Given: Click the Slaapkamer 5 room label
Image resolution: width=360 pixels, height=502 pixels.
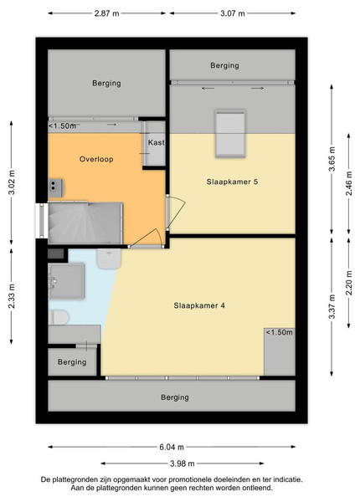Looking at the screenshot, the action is point(232,182).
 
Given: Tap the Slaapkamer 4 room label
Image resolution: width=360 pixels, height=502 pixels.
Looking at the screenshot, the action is point(199,305).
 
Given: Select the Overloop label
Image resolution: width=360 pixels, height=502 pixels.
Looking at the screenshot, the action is point(96,159).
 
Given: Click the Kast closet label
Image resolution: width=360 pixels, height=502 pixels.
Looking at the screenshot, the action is point(157,142).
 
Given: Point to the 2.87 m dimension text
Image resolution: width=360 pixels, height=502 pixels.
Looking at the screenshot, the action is point(106,13).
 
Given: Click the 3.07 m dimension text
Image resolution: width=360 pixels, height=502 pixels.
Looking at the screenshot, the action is point(233,13).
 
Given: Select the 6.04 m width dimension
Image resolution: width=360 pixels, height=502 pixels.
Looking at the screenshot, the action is point(172,447).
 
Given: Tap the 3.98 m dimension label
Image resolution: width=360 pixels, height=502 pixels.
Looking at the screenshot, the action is point(183,464).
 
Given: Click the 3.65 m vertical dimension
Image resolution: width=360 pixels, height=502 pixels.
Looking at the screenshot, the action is point(332,159).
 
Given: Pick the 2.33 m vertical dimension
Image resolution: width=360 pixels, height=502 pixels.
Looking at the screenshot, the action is point(12,296).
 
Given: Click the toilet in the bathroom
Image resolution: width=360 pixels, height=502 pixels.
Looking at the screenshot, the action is point(59,317).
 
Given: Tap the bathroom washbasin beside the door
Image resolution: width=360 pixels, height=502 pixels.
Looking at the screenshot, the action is point(109,259).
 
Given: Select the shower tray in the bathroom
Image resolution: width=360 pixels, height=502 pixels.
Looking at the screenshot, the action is point(66,281).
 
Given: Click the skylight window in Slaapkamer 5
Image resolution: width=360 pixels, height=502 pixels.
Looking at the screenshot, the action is point(230,134).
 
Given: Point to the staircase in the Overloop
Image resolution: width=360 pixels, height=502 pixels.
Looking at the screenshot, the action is point(85,223).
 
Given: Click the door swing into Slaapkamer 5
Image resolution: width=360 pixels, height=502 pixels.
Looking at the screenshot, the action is point(177,213).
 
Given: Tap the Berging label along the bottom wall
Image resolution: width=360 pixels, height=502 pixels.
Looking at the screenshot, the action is point(175,397).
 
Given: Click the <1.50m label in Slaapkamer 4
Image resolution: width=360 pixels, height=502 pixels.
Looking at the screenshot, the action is point(279,332).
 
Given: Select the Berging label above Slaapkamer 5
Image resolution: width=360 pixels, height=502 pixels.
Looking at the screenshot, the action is point(224,65).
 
